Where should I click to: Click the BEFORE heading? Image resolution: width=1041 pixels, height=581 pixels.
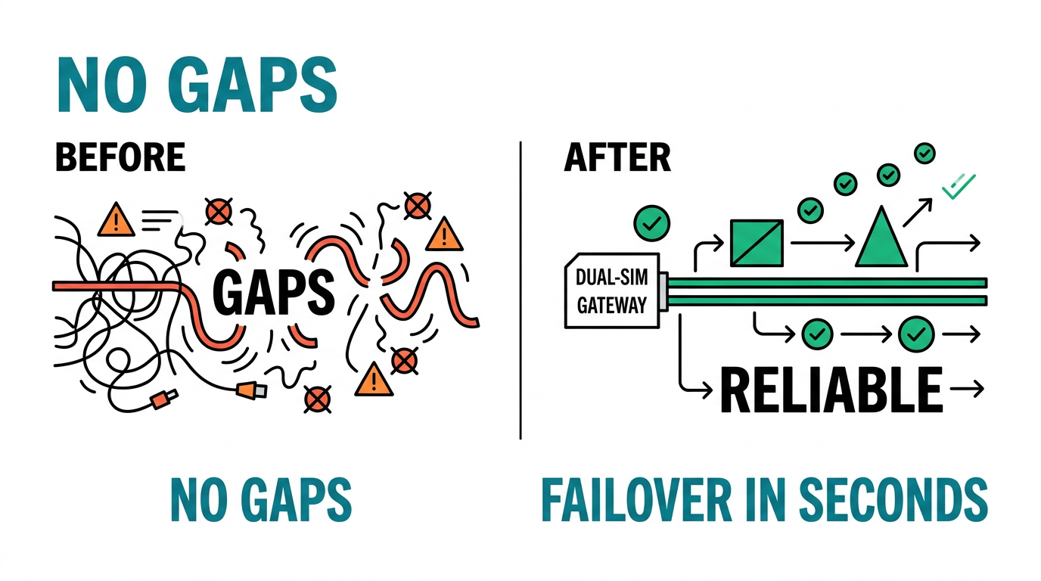click(x=120, y=157)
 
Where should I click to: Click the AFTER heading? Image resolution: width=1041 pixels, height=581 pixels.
click(x=617, y=157)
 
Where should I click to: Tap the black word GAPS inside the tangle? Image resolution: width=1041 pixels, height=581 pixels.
click(x=273, y=292)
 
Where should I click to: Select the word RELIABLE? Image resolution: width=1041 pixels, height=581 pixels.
click(x=831, y=390)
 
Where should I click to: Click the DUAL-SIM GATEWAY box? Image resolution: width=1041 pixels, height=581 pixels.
click(x=612, y=291)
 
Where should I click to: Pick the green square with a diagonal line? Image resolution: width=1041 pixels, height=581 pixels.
click(x=757, y=243)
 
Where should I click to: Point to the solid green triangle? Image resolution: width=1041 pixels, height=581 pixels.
click(x=881, y=237)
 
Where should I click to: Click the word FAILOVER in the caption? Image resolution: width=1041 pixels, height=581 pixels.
click(x=637, y=500)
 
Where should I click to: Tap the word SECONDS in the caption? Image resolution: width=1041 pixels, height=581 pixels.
click(x=893, y=500)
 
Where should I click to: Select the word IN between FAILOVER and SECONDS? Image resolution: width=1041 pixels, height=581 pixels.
click(x=766, y=500)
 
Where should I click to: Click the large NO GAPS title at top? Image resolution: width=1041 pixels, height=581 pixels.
click(x=197, y=84)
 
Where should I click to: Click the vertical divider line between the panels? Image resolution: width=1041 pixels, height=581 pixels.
click(x=520, y=290)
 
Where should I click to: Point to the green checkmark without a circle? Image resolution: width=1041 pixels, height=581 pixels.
click(x=958, y=186)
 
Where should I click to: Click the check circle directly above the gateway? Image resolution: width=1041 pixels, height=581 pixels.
click(x=651, y=223)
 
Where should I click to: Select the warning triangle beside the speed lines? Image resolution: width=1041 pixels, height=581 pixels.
click(x=117, y=219)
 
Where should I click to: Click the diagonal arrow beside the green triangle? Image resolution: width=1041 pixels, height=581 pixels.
click(x=918, y=213)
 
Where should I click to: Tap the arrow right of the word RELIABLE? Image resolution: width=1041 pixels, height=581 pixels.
click(x=967, y=389)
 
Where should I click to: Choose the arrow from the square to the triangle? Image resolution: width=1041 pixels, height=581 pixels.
click(x=822, y=243)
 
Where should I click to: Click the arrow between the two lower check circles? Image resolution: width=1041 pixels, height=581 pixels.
click(x=865, y=334)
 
